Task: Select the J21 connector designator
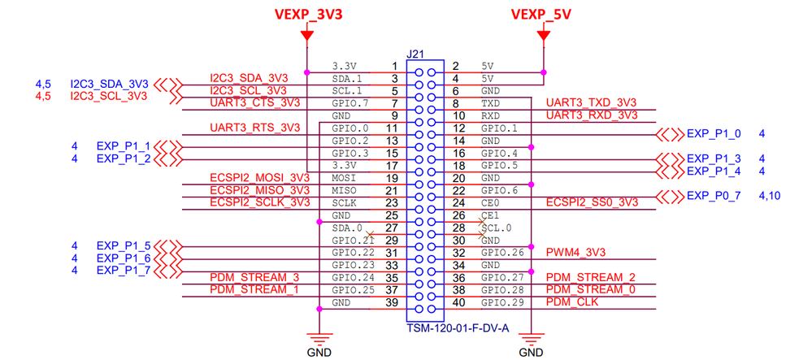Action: (416, 54)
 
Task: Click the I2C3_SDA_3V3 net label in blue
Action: (109, 84)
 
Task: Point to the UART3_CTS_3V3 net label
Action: (254, 103)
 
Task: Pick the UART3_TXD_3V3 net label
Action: (591, 103)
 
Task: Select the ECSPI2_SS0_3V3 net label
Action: (592, 202)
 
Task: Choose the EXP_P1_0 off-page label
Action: (714, 134)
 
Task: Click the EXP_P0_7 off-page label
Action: (714, 196)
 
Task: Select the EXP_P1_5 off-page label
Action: (123, 245)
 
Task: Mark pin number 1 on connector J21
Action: (393, 66)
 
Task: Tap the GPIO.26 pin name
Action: (500, 252)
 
